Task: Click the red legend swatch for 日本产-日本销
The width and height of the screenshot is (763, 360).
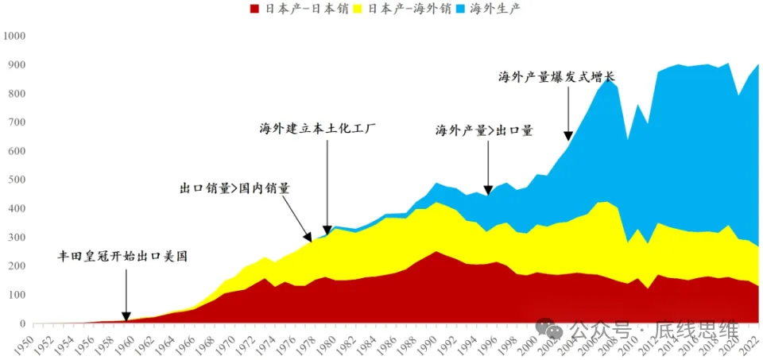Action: point(255,9)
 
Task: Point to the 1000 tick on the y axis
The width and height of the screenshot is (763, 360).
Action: point(15,36)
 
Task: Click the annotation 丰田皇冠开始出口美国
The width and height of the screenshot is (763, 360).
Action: point(126,256)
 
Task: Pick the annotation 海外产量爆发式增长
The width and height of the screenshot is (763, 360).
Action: point(557,76)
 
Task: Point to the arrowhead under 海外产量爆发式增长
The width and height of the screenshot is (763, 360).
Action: point(567,136)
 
